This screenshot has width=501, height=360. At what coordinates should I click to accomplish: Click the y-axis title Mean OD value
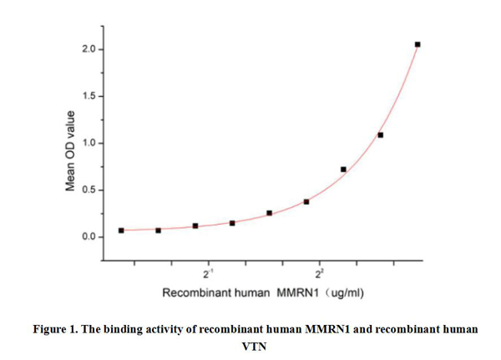[72, 144]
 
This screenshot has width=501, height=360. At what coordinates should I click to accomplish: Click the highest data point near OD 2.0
[417, 44]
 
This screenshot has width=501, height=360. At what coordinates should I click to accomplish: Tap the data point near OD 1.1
[381, 134]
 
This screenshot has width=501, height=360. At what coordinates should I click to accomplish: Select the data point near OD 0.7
[343, 170]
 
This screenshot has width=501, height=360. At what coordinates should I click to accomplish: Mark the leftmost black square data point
[121, 230]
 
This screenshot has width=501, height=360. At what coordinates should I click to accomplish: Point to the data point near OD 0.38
[306, 201]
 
